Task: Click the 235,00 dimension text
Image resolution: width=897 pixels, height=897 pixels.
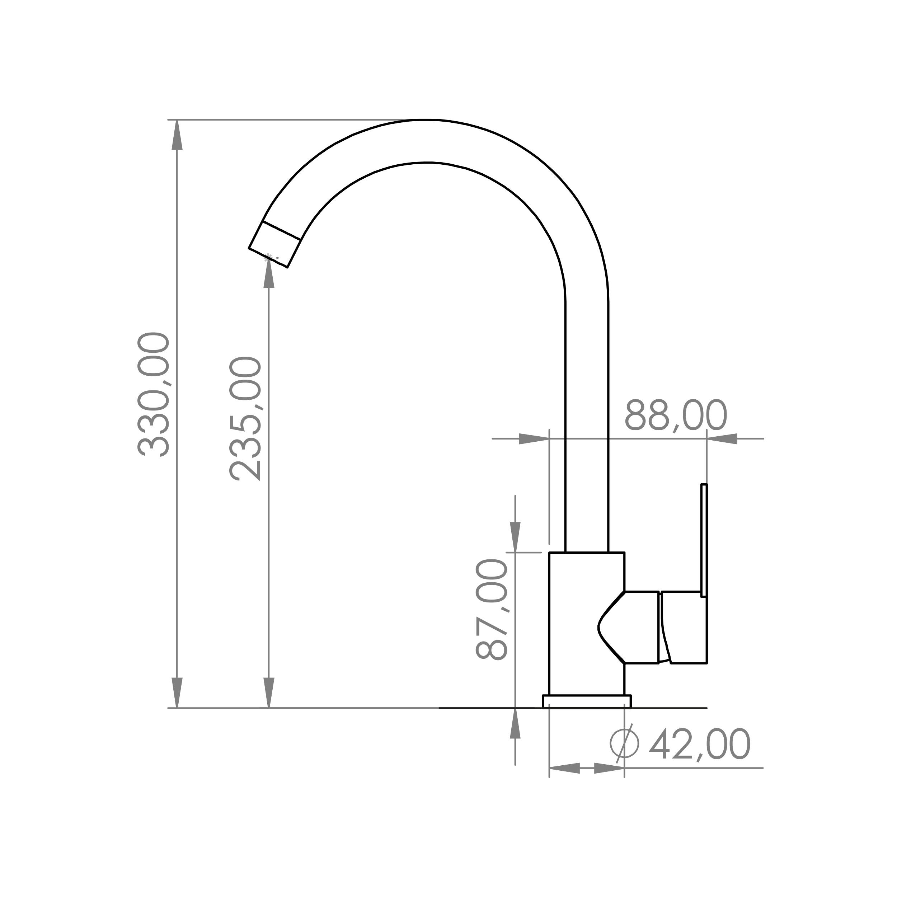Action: click(x=246, y=418)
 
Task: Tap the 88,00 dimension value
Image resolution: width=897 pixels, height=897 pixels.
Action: click(x=676, y=415)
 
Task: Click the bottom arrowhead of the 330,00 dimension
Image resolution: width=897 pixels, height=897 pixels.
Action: click(x=177, y=693)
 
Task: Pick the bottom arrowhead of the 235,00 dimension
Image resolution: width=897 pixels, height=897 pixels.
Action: click(x=269, y=693)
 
